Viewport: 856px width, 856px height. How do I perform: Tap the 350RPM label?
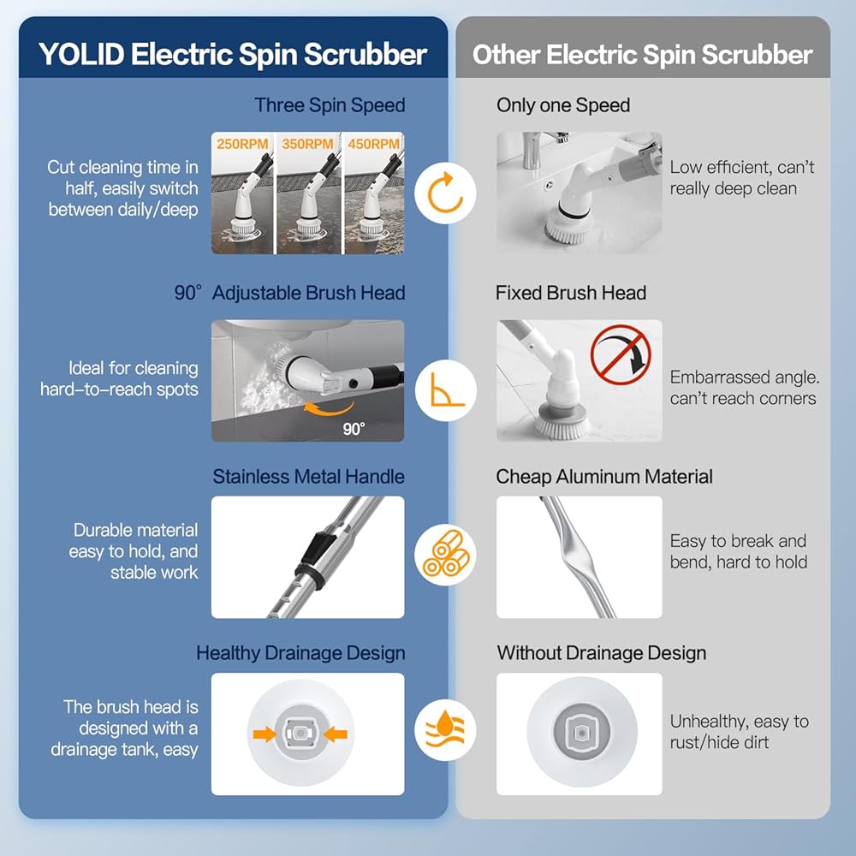coord(307,144)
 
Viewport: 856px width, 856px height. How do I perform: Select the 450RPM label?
coord(373,144)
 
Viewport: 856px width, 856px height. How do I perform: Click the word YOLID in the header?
coord(81,56)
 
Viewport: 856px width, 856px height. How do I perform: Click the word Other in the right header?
coord(507,56)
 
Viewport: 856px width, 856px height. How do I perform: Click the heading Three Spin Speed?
coord(330,106)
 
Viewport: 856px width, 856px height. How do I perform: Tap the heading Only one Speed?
coord(563,106)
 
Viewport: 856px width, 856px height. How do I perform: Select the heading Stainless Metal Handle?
coord(308,477)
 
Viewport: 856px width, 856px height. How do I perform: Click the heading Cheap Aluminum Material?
coord(604,477)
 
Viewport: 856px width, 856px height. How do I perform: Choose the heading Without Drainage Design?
coord(602,653)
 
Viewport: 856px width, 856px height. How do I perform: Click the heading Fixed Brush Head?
coord(571,293)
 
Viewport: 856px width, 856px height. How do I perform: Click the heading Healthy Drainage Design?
coord(300,653)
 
